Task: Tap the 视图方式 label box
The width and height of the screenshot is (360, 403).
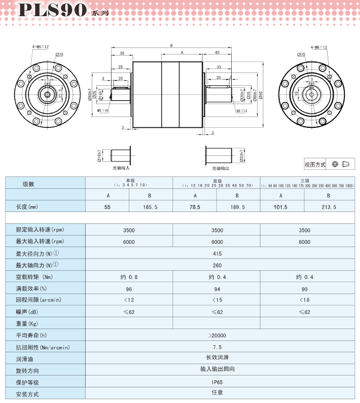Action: [x=315, y=165]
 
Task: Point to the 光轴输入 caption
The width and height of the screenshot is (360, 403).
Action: [x=121, y=168]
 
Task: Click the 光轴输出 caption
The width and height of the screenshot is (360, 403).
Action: [x=220, y=168]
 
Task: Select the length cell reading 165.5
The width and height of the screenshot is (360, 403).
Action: [x=150, y=207]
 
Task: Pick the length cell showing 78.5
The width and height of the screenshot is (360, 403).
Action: [x=195, y=207]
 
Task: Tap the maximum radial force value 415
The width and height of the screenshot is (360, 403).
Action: [x=217, y=254]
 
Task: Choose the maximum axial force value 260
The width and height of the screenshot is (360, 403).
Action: [x=217, y=265]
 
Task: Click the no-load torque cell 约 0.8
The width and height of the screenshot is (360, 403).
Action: [x=129, y=277]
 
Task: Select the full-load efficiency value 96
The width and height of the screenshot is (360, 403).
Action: [x=129, y=289]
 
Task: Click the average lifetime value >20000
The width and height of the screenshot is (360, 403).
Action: [x=217, y=336]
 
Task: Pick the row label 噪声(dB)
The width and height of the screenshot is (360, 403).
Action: [x=29, y=312]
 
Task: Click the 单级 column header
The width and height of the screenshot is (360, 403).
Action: [x=130, y=181]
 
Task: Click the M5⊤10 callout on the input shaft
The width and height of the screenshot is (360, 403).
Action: [x=102, y=110]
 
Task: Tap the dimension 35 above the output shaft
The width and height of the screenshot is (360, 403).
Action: [x=218, y=67]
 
